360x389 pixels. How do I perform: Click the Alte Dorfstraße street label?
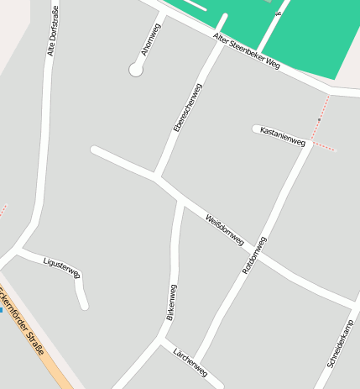pyautogui.click(x=53, y=31)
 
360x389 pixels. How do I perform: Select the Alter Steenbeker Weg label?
pyautogui.click(x=246, y=51)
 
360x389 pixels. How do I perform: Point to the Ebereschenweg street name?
pyautogui.click(x=187, y=107)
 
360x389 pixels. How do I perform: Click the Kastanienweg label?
pyautogui.click(x=282, y=136)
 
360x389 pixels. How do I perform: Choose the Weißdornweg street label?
pyautogui.click(x=224, y=229)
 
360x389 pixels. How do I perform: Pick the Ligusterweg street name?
pyautogui.click(x=61, y=267)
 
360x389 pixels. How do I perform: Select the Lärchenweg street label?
pyautogui.click(x=190, y=361)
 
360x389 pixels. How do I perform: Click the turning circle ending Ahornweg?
pyautogui.click(x=136, y=71)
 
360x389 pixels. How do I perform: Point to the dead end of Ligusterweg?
pyautogui.click(x=85, y=306)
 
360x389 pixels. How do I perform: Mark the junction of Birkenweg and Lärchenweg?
pyautogui.click(x=159, y=340)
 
